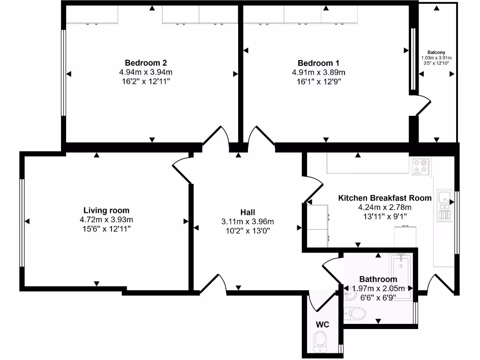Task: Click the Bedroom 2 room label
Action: (146, 63)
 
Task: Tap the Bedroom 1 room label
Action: (318, 63)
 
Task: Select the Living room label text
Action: (106, 210)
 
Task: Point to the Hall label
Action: (247, 212)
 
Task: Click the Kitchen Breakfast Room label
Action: (385, 198)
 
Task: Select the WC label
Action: (322, 324)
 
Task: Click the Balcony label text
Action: (436, 52)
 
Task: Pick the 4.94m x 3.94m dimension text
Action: (146, 72)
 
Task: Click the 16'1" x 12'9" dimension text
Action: (318, 81)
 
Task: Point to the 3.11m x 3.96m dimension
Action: (247, 222)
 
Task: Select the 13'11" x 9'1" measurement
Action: (385, 216)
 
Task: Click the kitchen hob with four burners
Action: (420, 166)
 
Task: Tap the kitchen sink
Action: (444, 199)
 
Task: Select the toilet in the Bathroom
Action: (355, 313)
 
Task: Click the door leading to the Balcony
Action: (423, 105)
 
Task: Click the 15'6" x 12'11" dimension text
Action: (106, 229)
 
